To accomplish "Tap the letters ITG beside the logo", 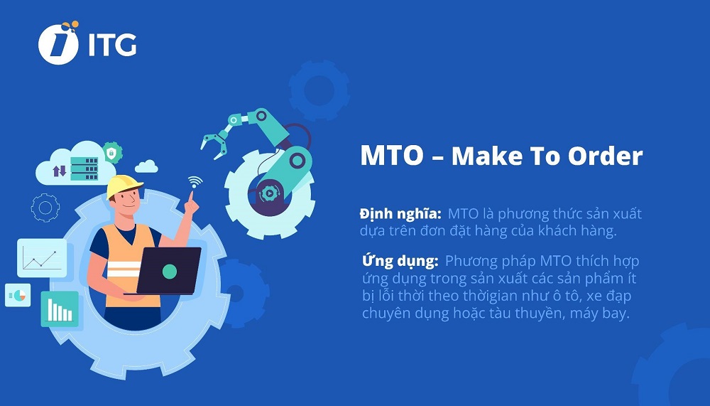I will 111,45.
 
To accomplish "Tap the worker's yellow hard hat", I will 124,186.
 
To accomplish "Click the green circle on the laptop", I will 169,271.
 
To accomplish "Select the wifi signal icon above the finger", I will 195,182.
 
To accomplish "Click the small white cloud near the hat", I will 146,166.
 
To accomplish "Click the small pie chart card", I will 18,294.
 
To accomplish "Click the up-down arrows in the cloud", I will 59,171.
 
